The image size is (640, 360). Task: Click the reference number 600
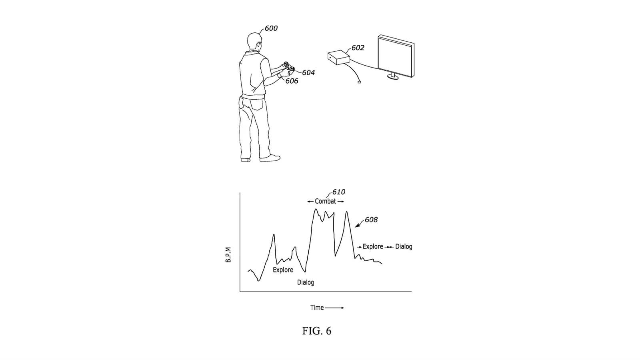click(271, 28)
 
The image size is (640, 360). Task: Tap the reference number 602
click(358, 48)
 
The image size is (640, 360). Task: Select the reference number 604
click(308, 73)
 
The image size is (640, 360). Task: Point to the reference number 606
click(292, 81)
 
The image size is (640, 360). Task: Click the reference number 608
click(371, 220)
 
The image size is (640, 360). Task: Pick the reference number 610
click(338, 192)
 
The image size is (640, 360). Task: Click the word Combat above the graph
click(325, 201)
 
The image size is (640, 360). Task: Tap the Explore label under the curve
click(283, 270)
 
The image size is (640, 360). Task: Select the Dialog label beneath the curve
click(305, 282)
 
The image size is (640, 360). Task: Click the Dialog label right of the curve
click(404, 246)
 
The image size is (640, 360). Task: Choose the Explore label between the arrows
click(373, 246)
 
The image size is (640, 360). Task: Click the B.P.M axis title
click(228, 255)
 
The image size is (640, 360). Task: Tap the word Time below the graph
click(317, 308)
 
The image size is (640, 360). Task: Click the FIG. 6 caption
click(317, 331)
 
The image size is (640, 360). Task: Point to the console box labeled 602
click(338, 58)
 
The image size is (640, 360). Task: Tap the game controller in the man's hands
click(288, 68)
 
